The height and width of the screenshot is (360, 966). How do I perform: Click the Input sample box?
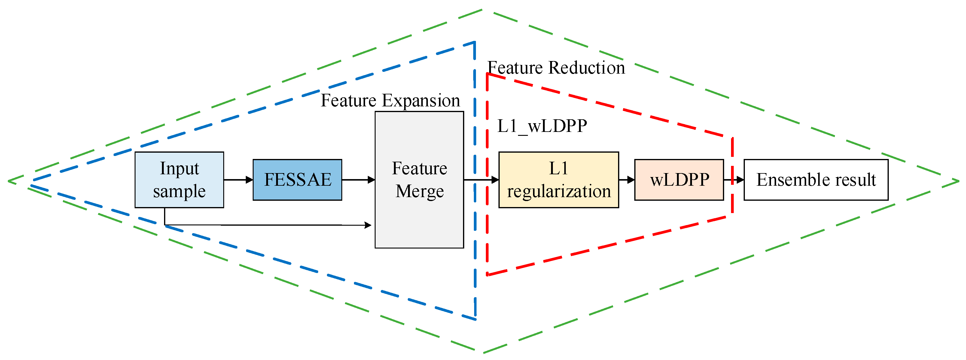[x=179, y=180]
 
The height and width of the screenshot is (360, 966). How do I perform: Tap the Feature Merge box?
[x=419, y=180]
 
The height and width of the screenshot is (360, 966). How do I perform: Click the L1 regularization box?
[x=558, y=180]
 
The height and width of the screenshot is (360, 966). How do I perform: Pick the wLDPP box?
[x=679, y=180]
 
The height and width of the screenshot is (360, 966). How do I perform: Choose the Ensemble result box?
[x=816, y=180]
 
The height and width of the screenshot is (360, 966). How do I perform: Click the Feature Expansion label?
[x=390, y=100]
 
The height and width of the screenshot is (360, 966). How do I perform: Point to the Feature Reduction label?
[x=556, y=68]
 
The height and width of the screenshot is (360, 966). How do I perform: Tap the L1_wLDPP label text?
[x=542, y=126]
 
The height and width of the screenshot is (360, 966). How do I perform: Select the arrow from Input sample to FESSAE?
[x=239, y=180]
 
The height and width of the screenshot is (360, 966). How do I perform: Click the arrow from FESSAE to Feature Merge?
[x=358, y=180]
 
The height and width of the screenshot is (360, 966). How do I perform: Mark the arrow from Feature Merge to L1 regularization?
[x=481, y=180]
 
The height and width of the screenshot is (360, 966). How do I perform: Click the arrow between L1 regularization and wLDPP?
[x=626, y=180]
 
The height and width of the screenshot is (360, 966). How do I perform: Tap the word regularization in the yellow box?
[x=559, y=191]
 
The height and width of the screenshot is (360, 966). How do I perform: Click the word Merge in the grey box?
[x=420, y=191]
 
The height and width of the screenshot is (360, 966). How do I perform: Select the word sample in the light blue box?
[x=179, y=191]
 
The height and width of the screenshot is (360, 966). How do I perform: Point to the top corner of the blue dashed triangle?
[x=474, y=42]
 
